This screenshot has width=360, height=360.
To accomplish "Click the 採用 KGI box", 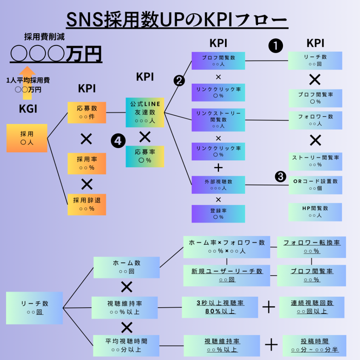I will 27,138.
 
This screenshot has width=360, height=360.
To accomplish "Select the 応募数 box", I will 86,112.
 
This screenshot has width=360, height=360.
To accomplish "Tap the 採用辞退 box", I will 86,204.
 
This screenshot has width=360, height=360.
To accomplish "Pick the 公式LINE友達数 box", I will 145,112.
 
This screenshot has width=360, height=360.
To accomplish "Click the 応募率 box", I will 145,156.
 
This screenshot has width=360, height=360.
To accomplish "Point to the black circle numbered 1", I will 276,46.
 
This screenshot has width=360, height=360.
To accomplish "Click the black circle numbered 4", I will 118,141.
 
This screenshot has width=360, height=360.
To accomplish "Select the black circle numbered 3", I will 280,176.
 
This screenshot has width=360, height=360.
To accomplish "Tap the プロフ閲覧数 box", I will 218,60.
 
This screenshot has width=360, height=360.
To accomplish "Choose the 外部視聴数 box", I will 218,185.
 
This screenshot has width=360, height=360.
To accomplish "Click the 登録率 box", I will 218,213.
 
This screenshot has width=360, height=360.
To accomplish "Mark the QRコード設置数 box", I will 315,185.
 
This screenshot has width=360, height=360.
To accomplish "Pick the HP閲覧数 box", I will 315,212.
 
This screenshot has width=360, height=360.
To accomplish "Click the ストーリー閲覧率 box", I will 315,161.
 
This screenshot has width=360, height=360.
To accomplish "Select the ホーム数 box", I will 127,267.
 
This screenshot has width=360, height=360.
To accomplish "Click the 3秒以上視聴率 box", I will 220,307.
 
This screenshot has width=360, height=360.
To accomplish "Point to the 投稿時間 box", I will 314,346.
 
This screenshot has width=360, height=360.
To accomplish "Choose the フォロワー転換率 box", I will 311,247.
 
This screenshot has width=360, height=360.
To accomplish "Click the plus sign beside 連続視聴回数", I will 269,307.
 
